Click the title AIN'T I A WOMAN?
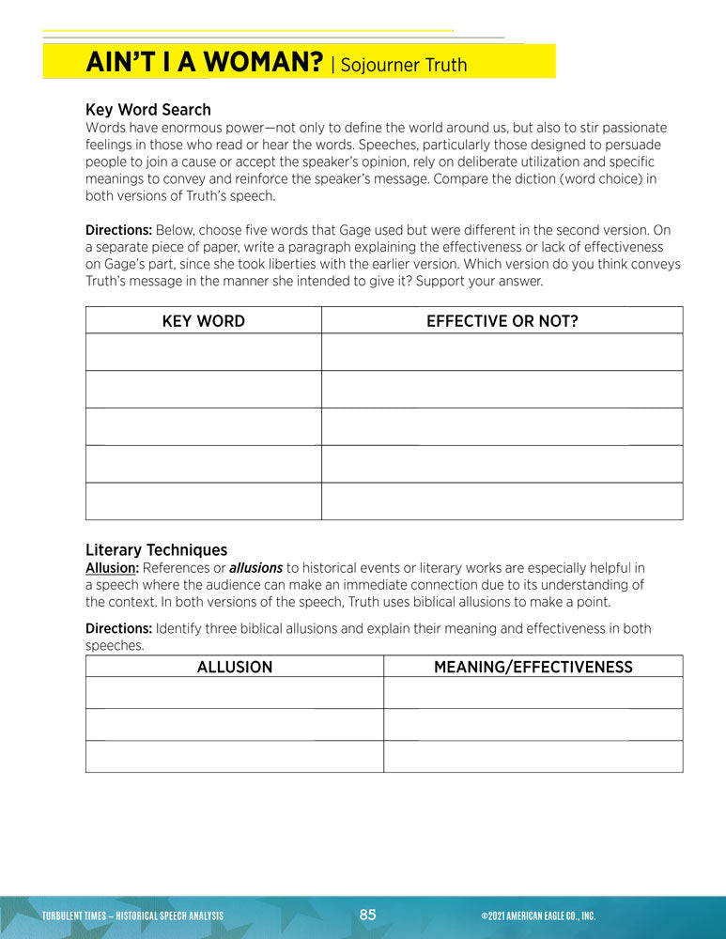205,63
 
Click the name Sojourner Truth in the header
402,65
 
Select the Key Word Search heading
147,110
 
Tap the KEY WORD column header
203,321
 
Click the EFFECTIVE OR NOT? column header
502,321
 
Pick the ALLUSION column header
234,668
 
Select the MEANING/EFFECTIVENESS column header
533,668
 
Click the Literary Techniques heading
156,550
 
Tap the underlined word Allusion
112,568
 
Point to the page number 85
367,915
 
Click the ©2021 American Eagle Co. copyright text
537,916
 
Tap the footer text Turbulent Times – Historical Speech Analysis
132,916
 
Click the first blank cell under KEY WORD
203,352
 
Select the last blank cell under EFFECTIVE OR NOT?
502,501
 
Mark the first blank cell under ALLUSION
234,693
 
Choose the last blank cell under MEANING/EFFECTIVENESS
533,757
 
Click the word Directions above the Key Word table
118,230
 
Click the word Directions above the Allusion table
118,628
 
